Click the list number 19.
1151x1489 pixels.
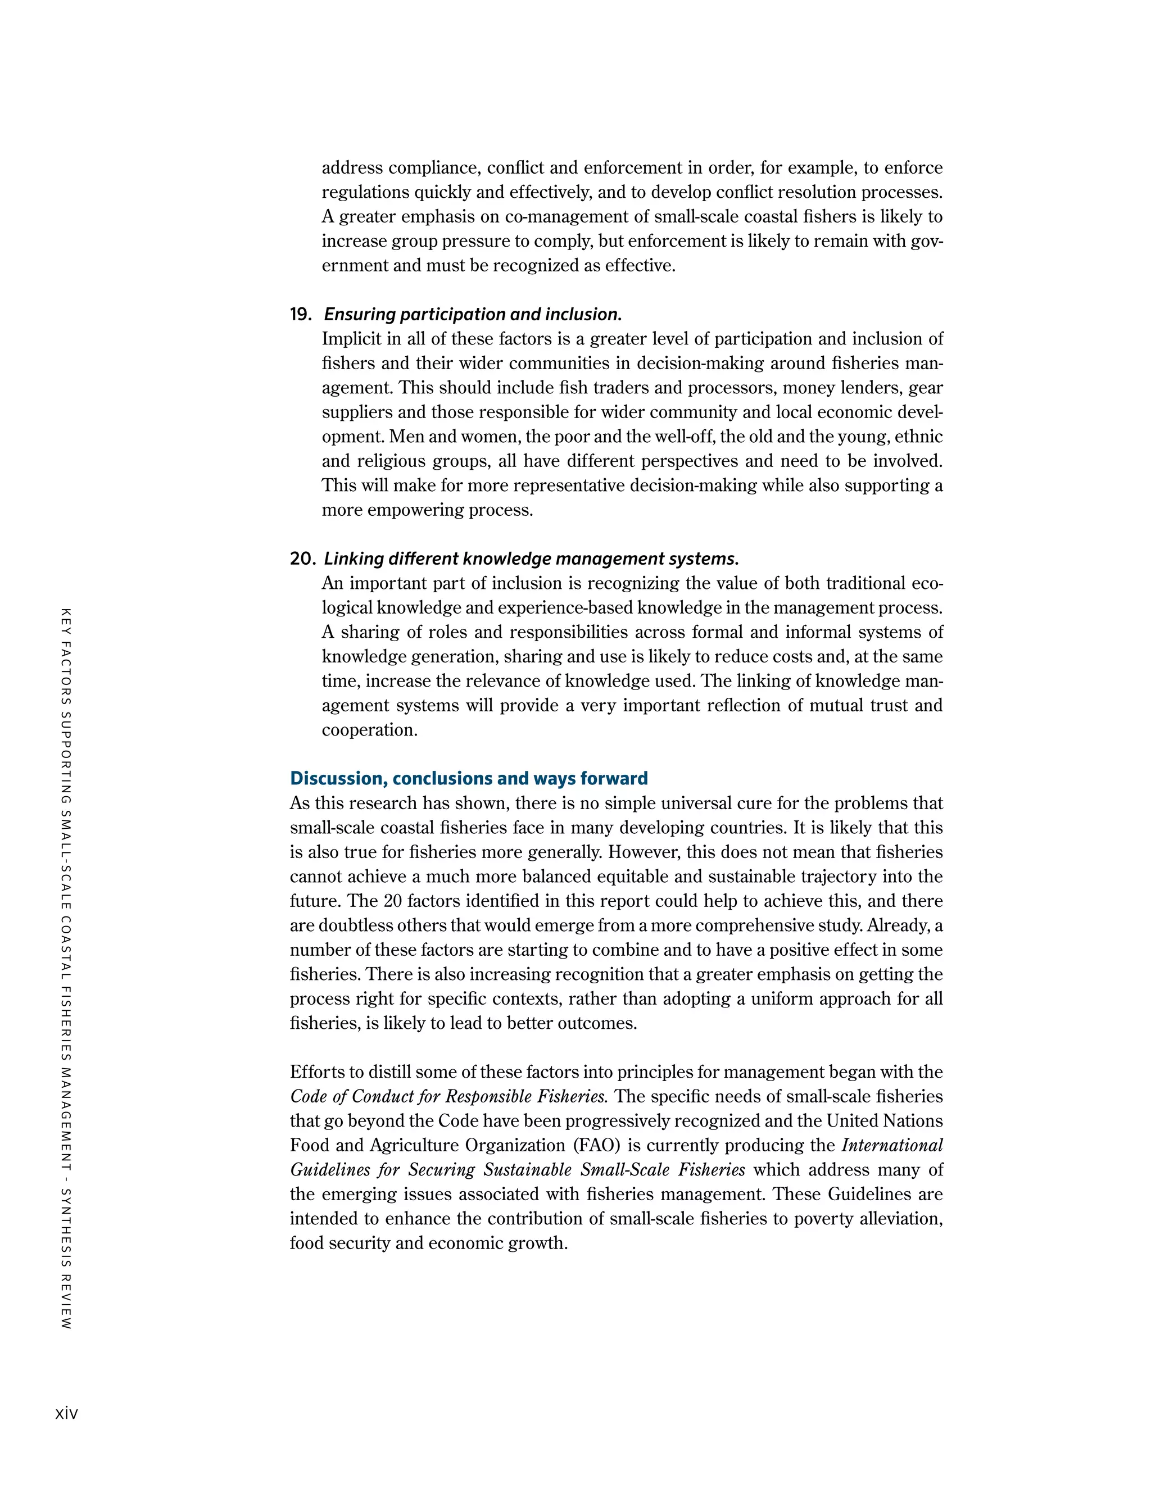point(300,314)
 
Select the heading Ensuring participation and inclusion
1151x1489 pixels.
point(473,314)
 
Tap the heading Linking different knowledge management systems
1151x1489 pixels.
point(531,559)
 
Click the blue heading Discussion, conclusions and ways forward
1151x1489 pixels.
point(469,779)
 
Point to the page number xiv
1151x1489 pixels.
point(66,1413)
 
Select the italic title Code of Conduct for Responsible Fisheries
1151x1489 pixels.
point(448,1096)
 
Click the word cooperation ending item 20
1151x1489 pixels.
point(369,730)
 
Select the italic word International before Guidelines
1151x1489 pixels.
point(892,1145)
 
